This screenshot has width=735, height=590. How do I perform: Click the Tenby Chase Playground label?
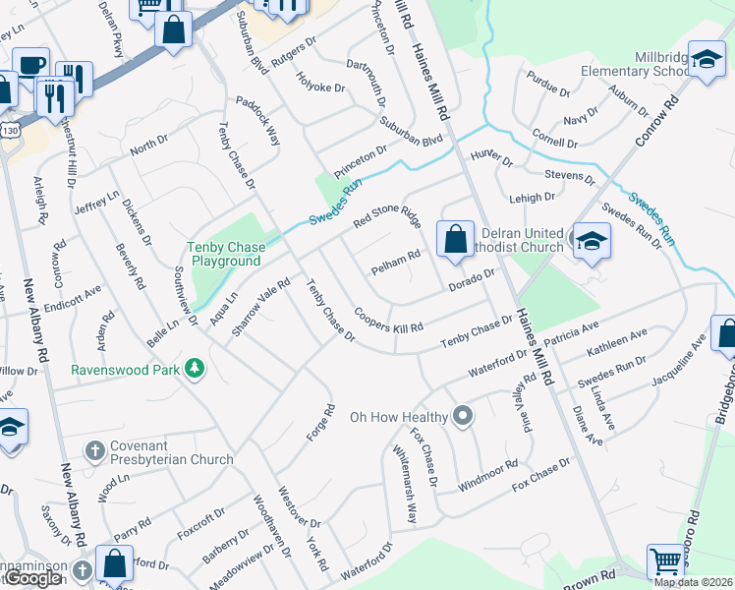click(225, 254)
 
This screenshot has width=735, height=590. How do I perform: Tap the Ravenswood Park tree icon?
click(196, 369)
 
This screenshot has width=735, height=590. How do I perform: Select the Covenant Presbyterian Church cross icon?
click(94, 451)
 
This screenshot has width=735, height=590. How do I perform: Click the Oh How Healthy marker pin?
click(463, 417)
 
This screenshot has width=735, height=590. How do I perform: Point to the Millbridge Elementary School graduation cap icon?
click(706, 60)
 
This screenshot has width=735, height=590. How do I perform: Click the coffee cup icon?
click(29, 65)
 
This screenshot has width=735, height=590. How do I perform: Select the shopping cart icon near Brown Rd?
click(666, 562)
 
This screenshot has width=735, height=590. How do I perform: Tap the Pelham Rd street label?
click(396, 262)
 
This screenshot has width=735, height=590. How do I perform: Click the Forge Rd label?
click(329, 423)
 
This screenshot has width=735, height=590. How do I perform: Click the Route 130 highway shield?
click(10, 130)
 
